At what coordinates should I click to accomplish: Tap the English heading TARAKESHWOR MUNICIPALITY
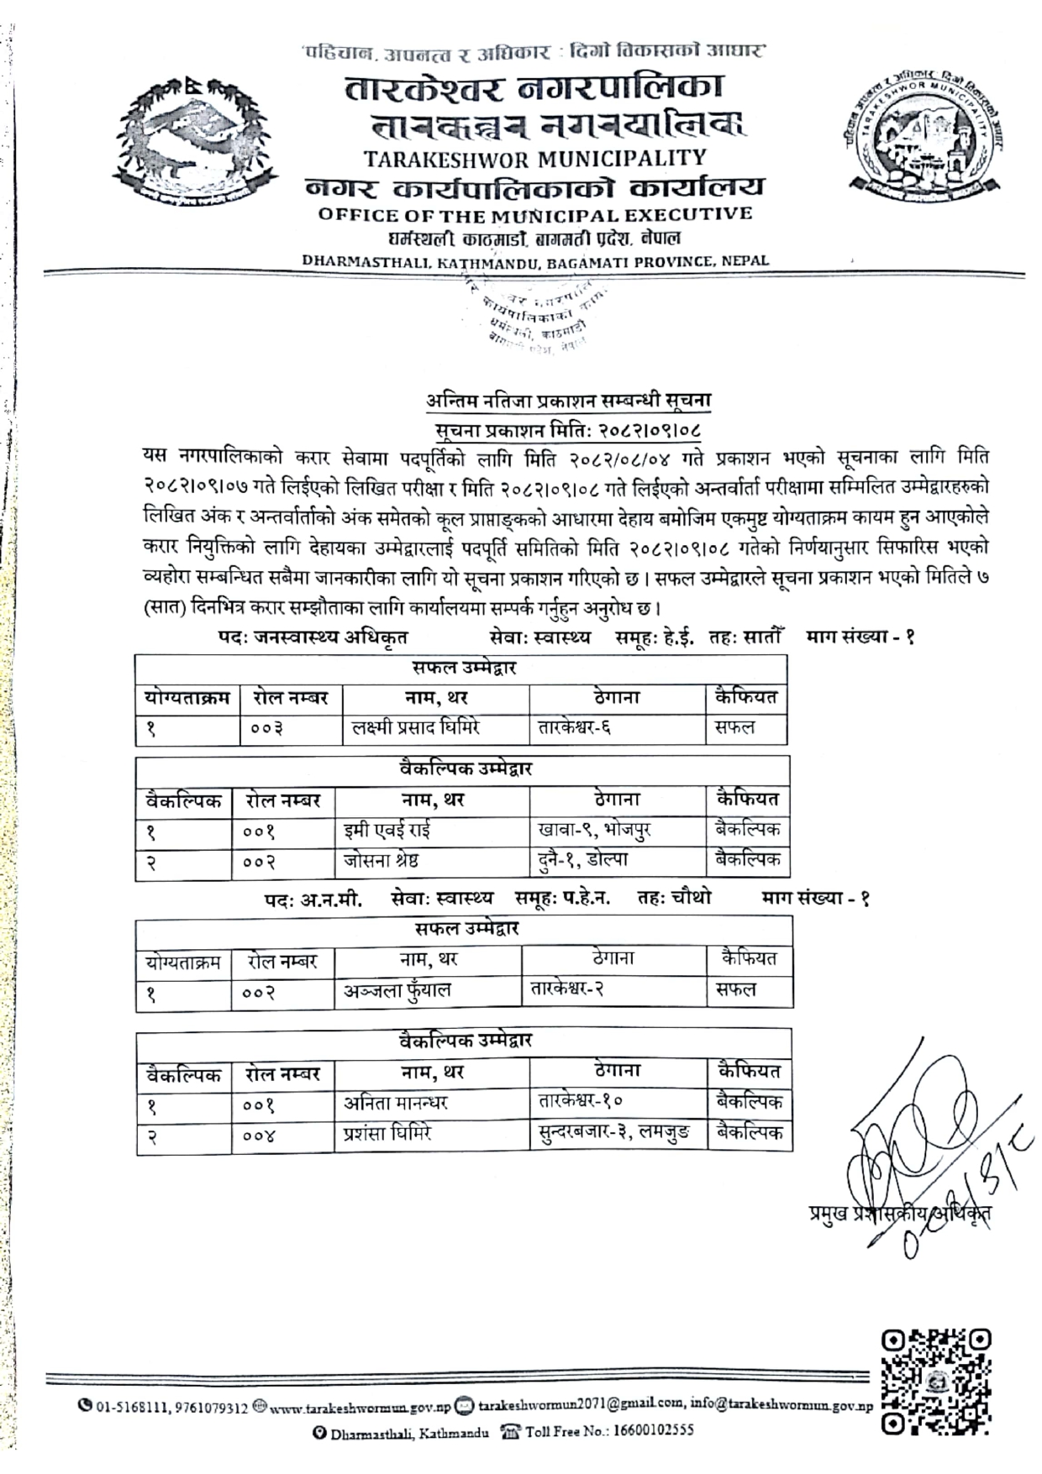click(534, 158)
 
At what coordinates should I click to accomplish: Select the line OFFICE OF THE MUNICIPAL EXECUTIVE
click(534, 214)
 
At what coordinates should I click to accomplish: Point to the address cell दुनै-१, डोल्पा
click(583, 861)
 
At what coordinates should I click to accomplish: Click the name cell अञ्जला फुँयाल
click(397, 991)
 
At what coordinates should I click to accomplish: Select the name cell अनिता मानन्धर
click(396, 1103)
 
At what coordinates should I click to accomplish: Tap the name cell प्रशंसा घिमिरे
click(387, 1134)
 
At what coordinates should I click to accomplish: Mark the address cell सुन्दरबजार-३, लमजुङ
click(614, 1134)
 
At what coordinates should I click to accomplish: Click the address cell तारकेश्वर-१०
click(580, 1101)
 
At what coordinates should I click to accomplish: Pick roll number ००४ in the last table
click(259, 1136)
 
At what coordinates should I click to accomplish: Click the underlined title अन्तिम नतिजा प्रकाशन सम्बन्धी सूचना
click(568, 401)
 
